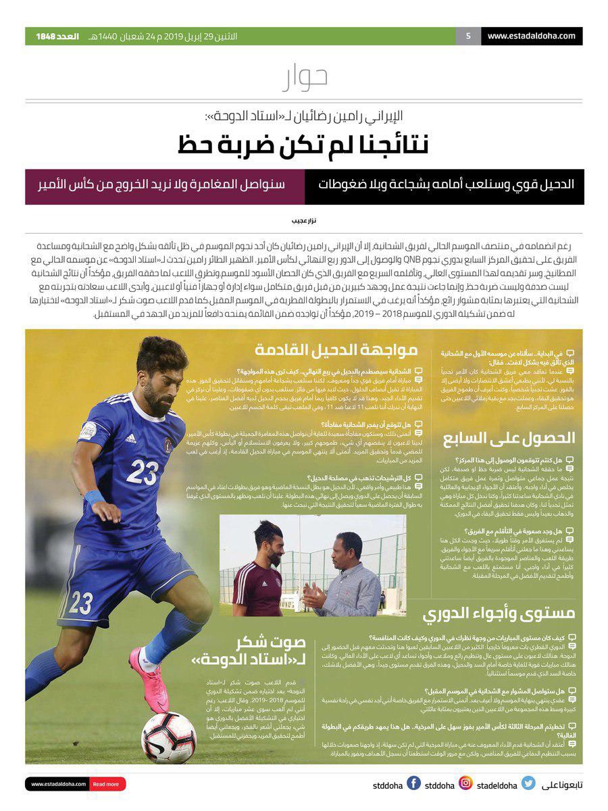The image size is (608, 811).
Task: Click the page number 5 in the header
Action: coord(467,36)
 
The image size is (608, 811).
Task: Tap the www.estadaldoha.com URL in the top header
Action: coord(531,36)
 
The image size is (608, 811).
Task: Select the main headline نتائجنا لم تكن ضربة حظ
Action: coord(304,143)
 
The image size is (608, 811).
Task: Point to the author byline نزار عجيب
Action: coord(304,221)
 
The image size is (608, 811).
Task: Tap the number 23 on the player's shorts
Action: coord(81,601)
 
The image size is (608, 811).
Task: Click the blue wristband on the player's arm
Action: coord(94,499)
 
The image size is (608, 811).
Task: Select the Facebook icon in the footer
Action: coord(414,784)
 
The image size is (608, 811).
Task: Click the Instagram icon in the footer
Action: coord(465,784)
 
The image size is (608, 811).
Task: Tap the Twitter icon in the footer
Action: coord(528,784)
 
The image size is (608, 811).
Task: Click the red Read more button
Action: coord(106,785)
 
